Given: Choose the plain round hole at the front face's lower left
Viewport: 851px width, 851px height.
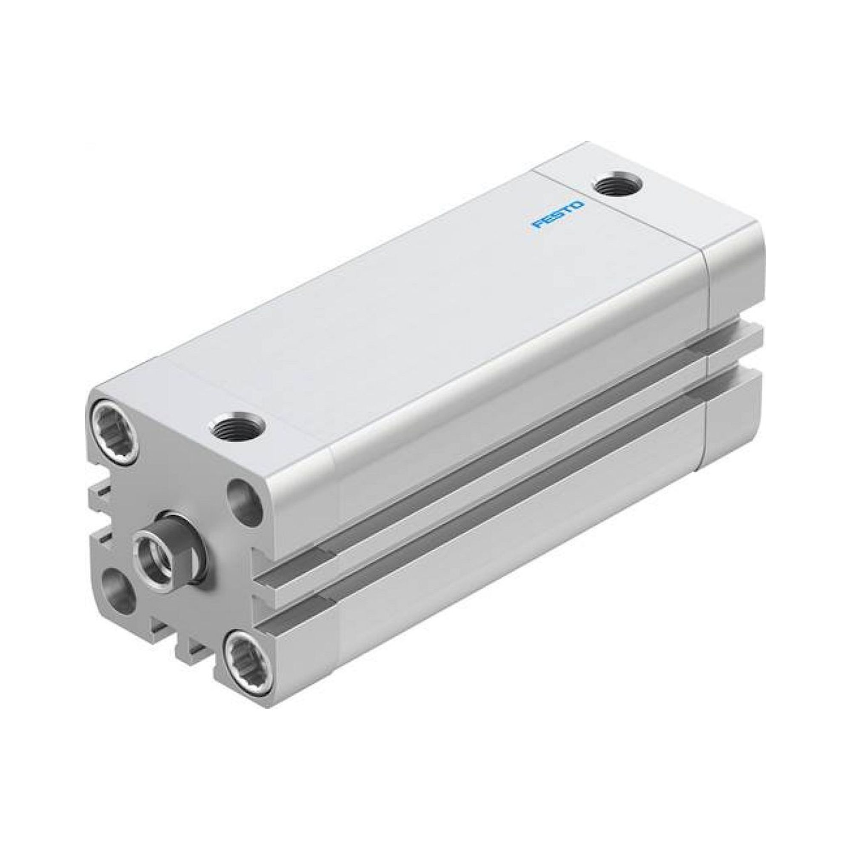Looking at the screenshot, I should pyautogui.click(x=118, y=591).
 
